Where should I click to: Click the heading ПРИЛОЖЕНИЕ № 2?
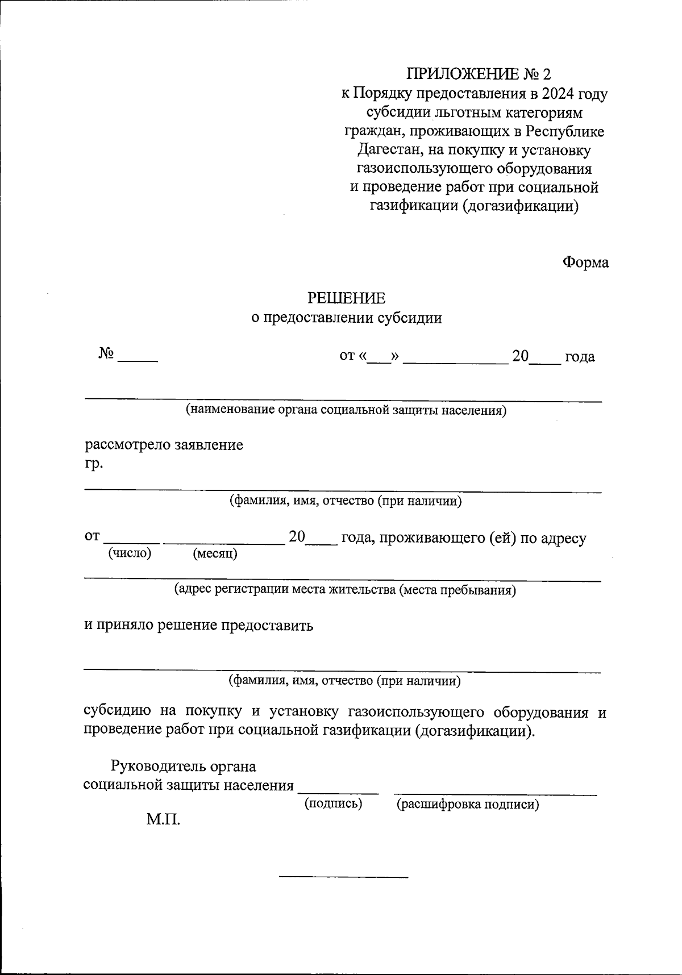pyautogui.click(x=478, y=74)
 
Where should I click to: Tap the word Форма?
pyautogui.click(x=585, y=262)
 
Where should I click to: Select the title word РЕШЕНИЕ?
pyautogui.click(x=346, y=298)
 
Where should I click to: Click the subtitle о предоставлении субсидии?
pyautogui.click(x=346, y=318)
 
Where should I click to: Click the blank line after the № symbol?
pyautogui.click(x=137, y=359)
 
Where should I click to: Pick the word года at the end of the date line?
pyautogui.click(x=580, y=357)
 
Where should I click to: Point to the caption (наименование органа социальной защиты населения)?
pyautogui.click(x=346, y=410)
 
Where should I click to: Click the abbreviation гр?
pyautogui.click(x=94, y=464)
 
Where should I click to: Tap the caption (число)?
pyautogui.click(x=130, y=553)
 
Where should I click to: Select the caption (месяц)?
pyautogui.click(x=215, y=553)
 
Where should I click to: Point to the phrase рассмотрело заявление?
pyautogui.click(x=164, y=444)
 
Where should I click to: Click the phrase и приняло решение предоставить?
pyautogui.click(x=198, y=626)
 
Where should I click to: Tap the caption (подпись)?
pyautogui.click(x=333, y=803)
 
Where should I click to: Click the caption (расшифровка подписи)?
pyautogui.click(x=467, y=804)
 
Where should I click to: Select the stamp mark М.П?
pyautogui.click(x=163, y=820)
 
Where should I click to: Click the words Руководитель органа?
pyautogui.click(x=184, y=766)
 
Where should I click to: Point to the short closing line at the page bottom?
pyautogui.click(x=343, y=878)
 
